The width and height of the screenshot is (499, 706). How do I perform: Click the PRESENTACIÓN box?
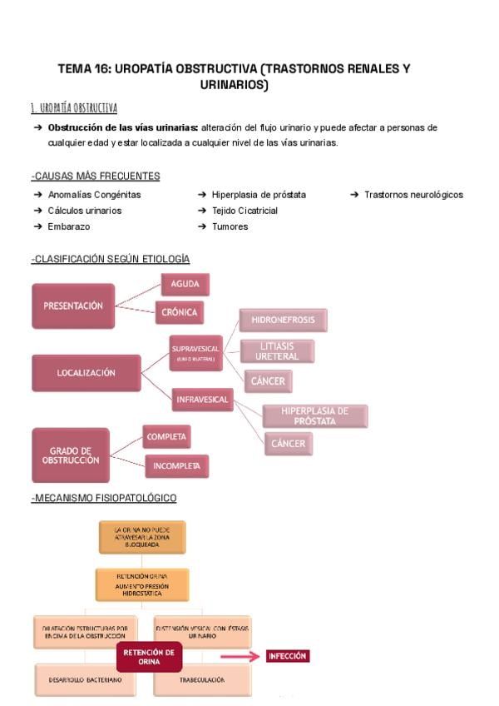click(x=73, y=306)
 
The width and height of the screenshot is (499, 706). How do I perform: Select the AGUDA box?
click(x=185, y=285)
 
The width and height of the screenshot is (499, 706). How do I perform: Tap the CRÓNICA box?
click(x=179, y=313)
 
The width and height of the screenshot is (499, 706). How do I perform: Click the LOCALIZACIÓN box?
click(x=86, y=373)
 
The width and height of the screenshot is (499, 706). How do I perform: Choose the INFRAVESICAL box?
click(x=202, y=400)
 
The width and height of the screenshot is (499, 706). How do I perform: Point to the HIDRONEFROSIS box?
click(x=283, y=320)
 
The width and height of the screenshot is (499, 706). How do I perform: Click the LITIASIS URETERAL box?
click(x=277, y=351)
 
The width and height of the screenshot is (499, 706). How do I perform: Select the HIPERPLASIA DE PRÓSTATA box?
click(x=314, y=415)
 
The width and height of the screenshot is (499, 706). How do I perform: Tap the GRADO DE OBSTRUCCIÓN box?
click(x=70, y=455)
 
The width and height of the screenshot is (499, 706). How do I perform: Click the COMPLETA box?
click(x=166, y=436)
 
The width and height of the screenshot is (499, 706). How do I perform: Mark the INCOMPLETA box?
click(x=176, y=466)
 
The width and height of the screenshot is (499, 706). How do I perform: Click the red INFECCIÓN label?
click(x=288, y=656)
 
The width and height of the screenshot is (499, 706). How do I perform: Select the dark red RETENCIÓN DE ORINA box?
click(x=149, y=658)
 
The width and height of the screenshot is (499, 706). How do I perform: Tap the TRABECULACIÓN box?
click(x=202, y=680)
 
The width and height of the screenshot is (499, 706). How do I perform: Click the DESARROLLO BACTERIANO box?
click(x=80, y=680)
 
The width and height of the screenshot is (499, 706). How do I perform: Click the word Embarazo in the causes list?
click(x=69, y=226)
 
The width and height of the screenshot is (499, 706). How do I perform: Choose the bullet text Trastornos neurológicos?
click(x=413, y=195)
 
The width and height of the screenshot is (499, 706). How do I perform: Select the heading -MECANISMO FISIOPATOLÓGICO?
click(x=104, y=498)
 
